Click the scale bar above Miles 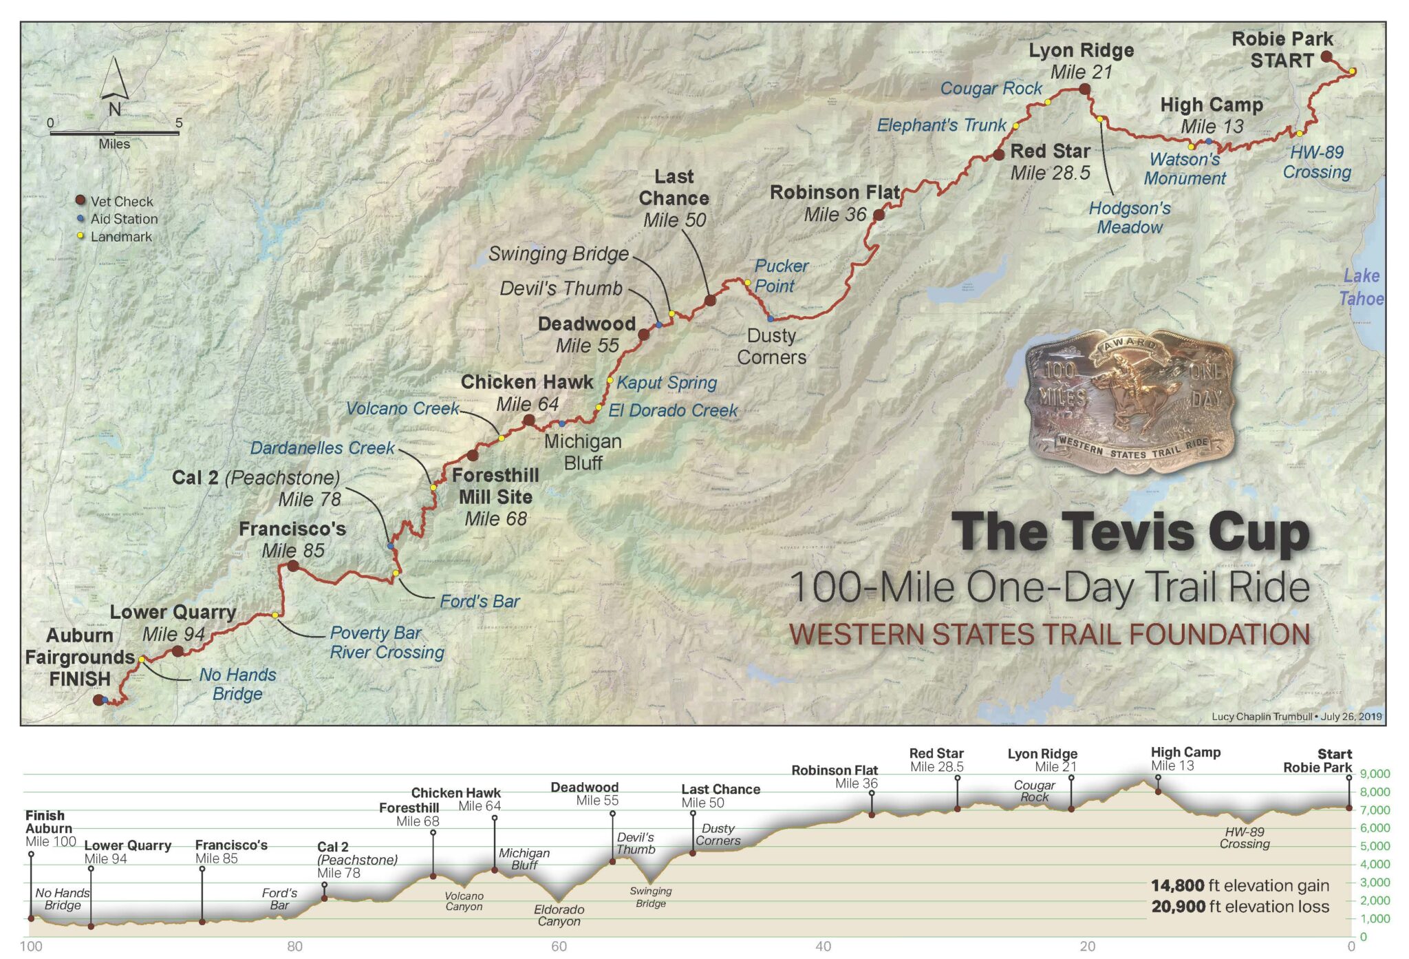pyautogui.click(x=114, y=133)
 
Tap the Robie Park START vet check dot pyautogui.click(x=1326, y=56)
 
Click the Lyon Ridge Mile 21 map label pyautogui.click(x=1081, y=61)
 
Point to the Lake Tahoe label pyautogui.click(x=1361, y=287)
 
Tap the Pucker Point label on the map pyautogui.click(x=780, y=275)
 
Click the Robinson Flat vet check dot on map pyautogui.click(x=879, y=215)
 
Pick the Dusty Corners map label pyautogui.click(x=771, y=346)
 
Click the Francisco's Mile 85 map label pyautogui.click(x=292, y=540)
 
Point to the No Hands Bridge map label pyautogui.click(x=237, y=684)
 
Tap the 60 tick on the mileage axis pyautogui.click(x=559, y=947)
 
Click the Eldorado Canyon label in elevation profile pyautogui.click(x=559, y=915)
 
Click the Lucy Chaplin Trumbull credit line pyautogui.click(x=1296, y=716)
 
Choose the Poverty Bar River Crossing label pyautogui.click(x=387, y=642)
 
